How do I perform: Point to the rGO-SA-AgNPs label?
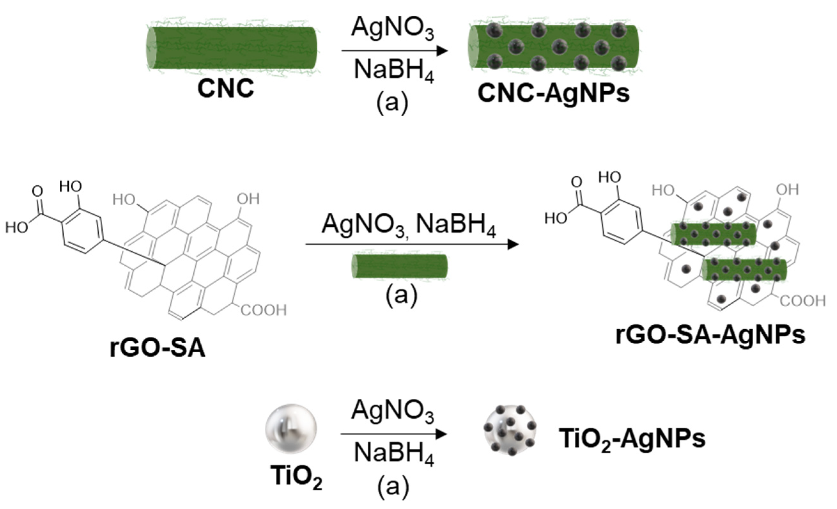tap(710, 335)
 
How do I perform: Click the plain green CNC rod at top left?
tap(232, 48)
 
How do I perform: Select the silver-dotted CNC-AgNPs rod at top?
tap(553, 47)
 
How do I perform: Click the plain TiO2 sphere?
tap(291, 429)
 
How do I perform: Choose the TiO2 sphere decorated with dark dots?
tap(510, 430)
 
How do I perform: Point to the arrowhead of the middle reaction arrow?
tap(513, 244)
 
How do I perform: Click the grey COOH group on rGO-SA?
tap(264, 310)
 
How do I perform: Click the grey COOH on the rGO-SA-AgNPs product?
tap(802, 301)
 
